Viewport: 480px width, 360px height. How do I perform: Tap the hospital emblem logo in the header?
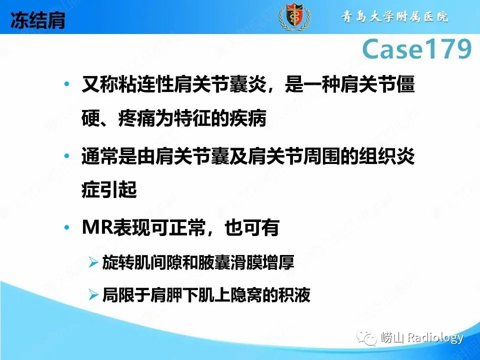point(294,17)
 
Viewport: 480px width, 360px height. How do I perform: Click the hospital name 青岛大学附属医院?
point(395,16)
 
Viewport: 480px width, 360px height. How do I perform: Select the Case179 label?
point(416,49)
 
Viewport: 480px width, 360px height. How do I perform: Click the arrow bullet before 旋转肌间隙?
point(93,262)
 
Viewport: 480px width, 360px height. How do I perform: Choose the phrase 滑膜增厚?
point(271,262)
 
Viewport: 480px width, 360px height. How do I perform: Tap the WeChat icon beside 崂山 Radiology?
point(368,338)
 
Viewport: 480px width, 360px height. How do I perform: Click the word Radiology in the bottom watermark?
point(435,338)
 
